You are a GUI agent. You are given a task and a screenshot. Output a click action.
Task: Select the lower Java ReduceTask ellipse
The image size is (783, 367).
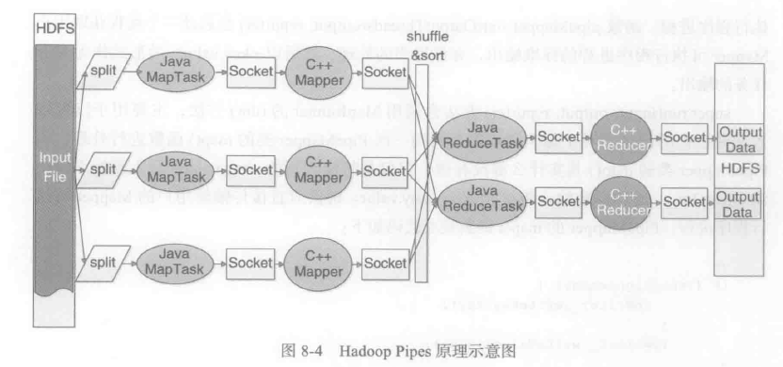pos(480,200)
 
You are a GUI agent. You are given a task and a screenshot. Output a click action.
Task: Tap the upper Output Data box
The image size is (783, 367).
pos(740,137)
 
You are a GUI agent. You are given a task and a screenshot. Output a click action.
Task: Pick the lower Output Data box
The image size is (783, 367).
pos(740,201)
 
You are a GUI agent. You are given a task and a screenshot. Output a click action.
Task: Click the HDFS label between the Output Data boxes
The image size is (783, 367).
pos(740,168)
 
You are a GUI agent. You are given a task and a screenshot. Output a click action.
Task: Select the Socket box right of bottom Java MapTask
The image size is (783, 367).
pos(248,261)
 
